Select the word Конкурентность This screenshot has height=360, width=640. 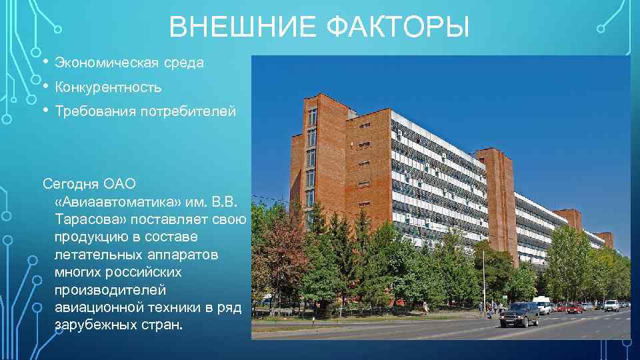(108, 87)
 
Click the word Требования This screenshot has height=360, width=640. (95, 111)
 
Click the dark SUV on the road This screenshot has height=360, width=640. (519, 314)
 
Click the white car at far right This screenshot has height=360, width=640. (611, 305)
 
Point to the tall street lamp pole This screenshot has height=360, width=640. (484, 280)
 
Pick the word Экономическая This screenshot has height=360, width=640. (107, 63)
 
